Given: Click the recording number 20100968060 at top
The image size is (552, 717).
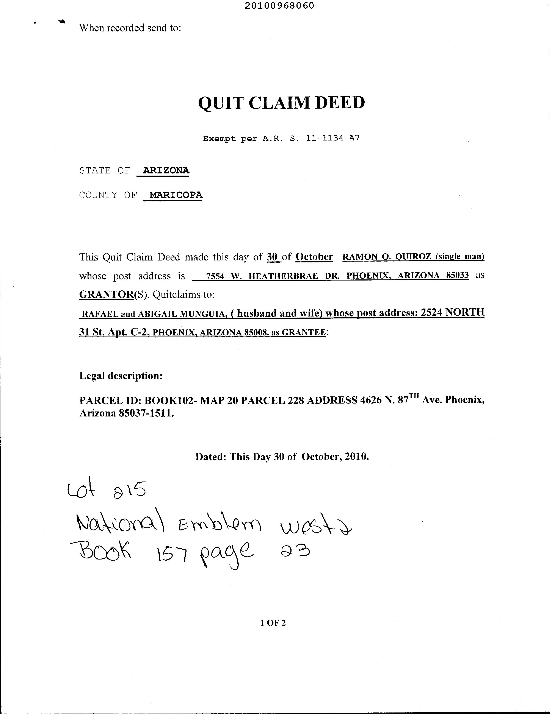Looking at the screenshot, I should (279, 6).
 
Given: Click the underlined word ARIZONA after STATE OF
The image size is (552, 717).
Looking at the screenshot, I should (166, 170).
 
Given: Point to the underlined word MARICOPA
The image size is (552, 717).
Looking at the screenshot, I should (176, 195).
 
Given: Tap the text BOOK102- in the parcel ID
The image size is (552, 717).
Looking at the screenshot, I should (170, 400).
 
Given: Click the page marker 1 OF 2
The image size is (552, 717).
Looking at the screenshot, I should (273, 623).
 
